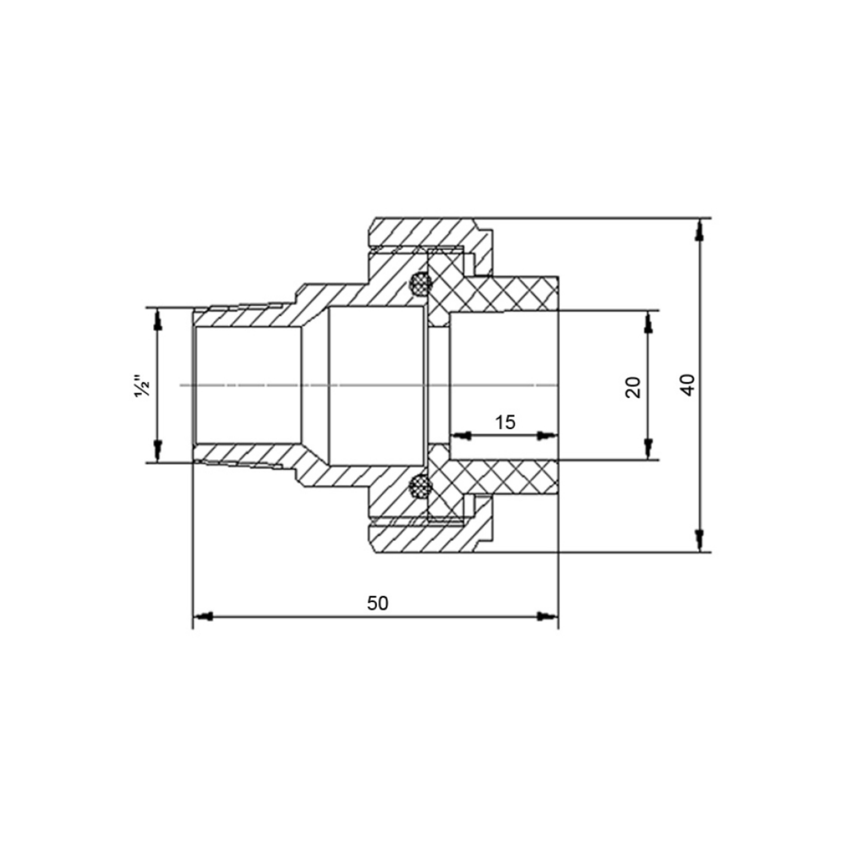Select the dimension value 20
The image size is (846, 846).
[633, 387]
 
